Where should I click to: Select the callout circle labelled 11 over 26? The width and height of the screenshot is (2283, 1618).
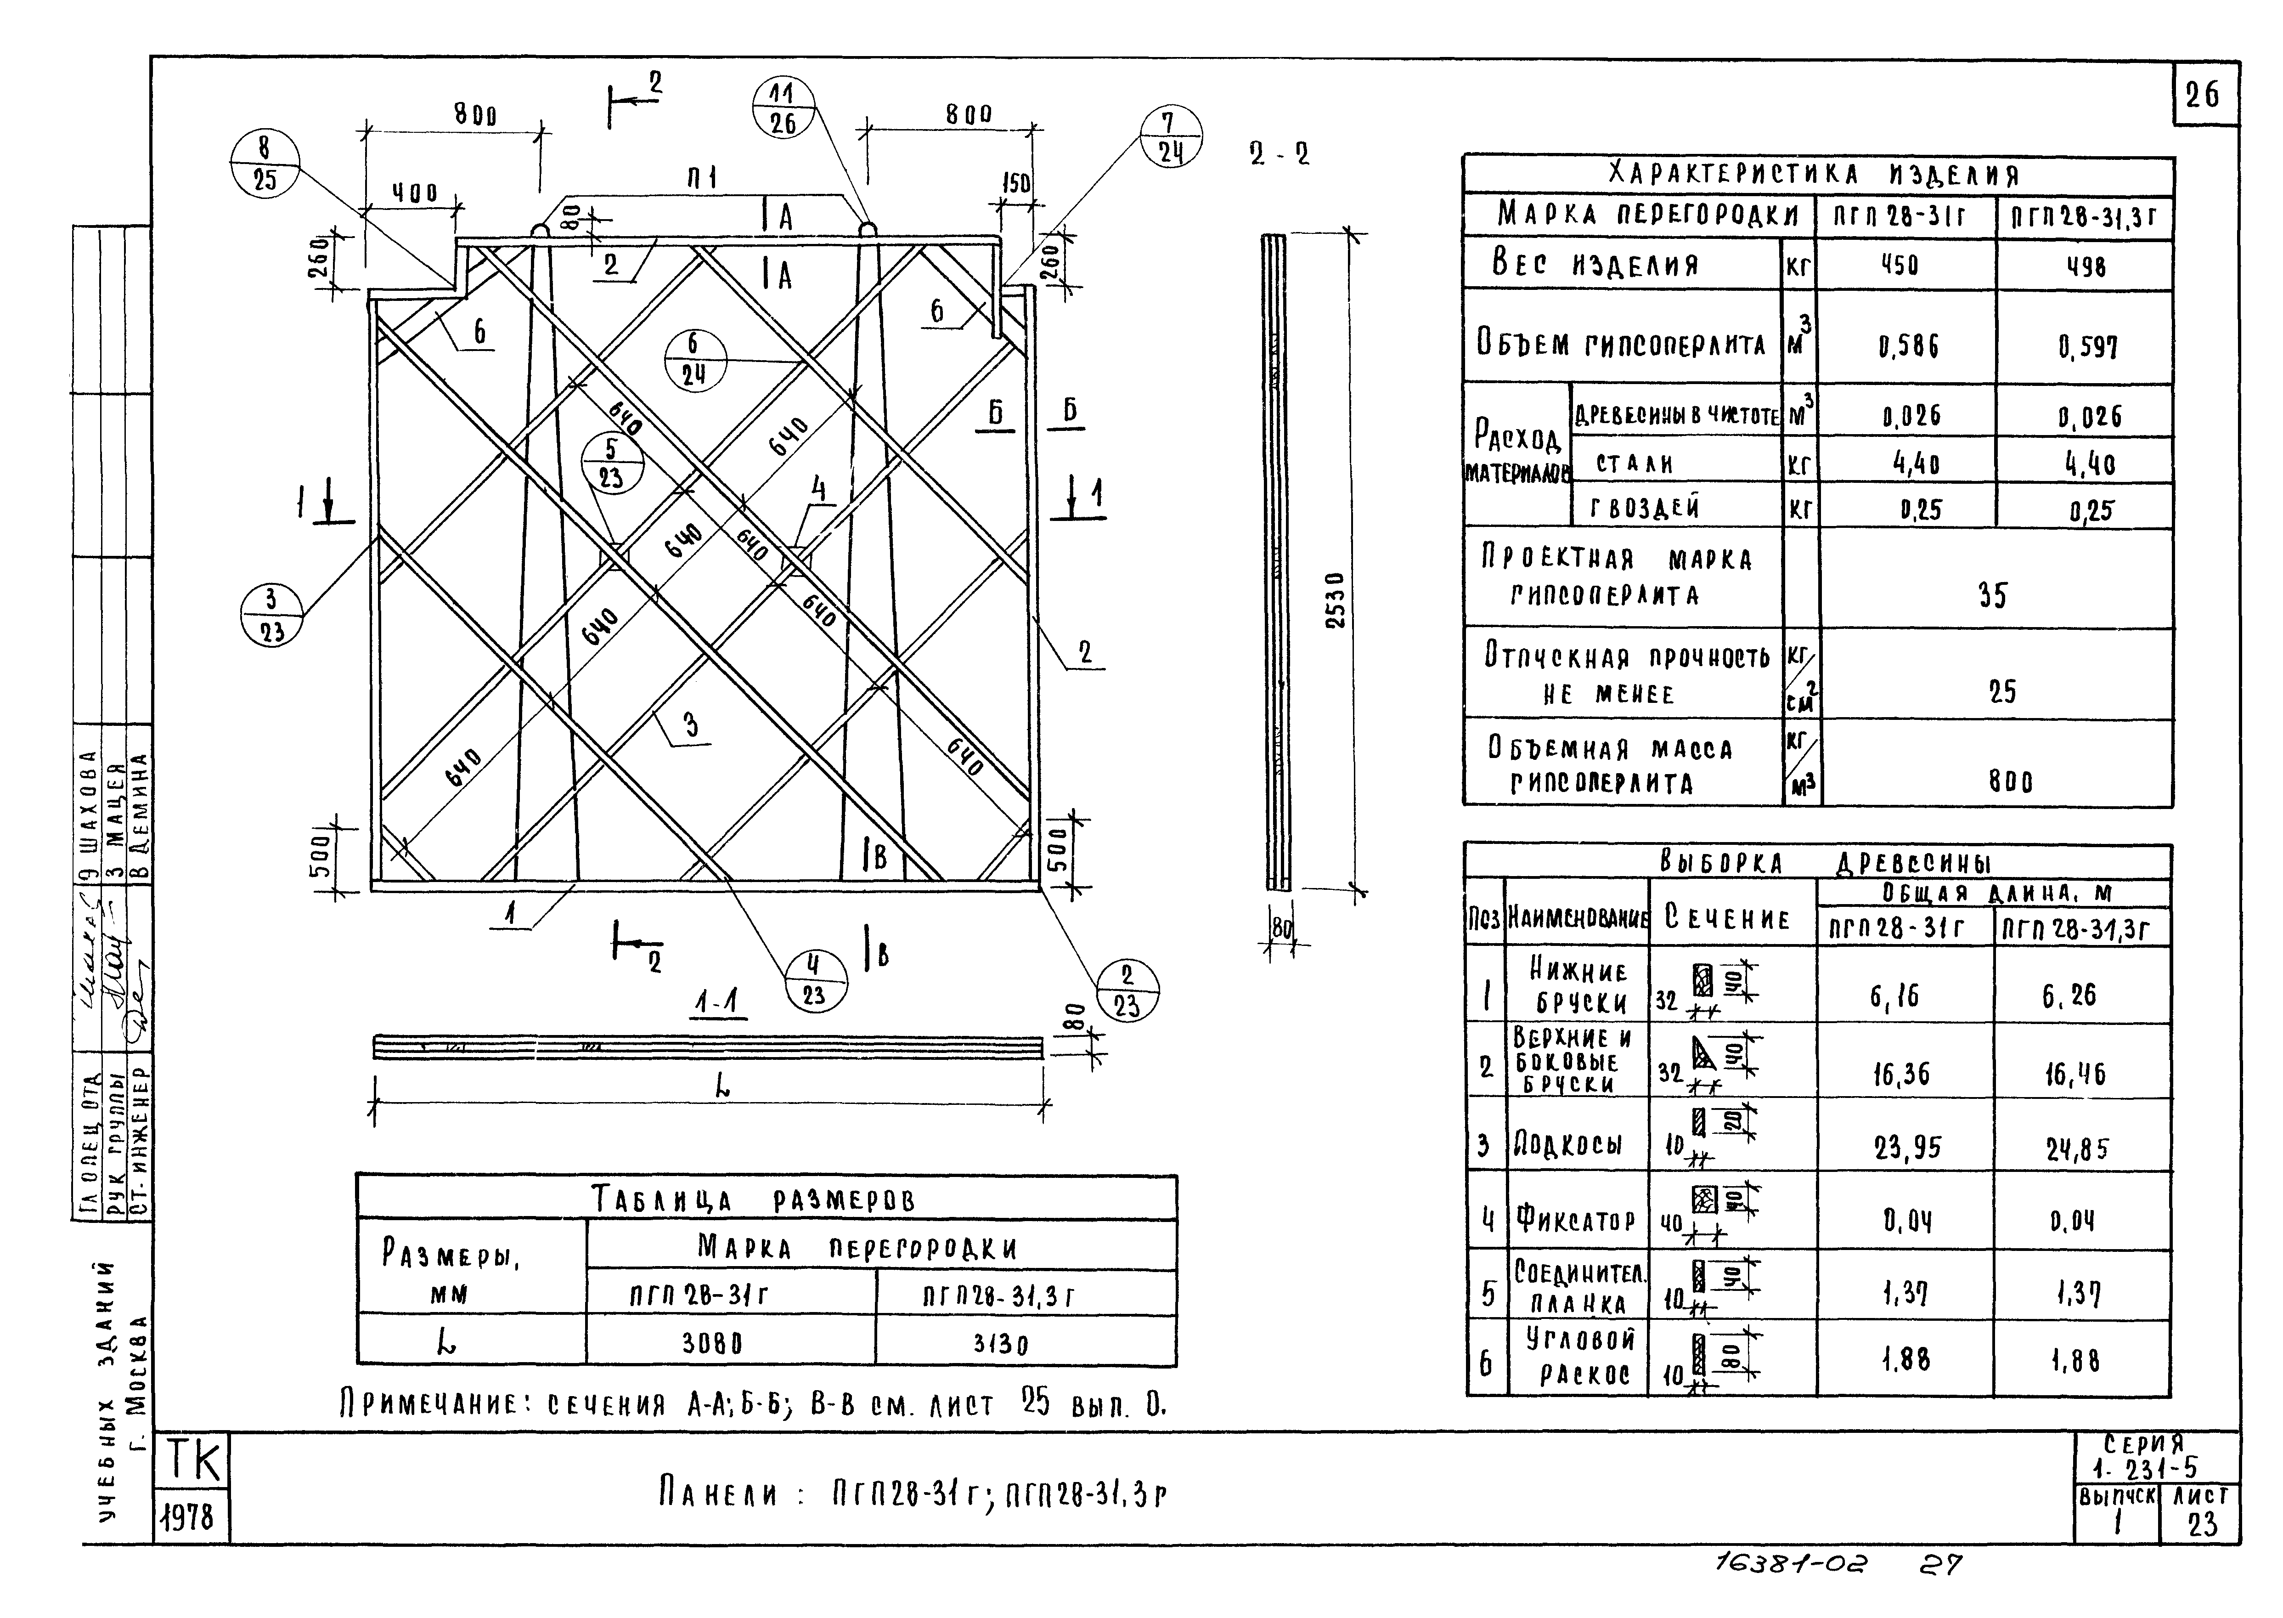(783, 107)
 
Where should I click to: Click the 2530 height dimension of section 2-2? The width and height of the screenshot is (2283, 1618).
(1338, 600)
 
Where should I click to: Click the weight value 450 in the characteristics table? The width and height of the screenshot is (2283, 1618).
(1900, 265)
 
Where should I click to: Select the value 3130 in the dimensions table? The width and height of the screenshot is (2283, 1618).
(1000, 1344)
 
